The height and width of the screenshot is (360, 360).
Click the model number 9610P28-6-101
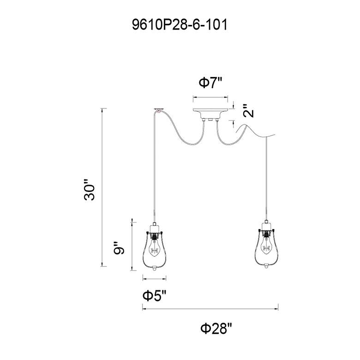[180, 25]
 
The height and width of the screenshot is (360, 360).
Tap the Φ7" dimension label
[210, 83]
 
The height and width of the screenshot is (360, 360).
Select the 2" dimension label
[248, 111]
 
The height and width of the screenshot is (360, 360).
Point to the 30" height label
[90, 189]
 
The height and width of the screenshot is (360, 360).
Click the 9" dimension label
[119, 248]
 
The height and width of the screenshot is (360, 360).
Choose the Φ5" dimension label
[154, 296]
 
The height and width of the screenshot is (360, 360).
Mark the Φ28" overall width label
[216, 329]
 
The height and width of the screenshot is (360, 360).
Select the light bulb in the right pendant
[266, 247]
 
